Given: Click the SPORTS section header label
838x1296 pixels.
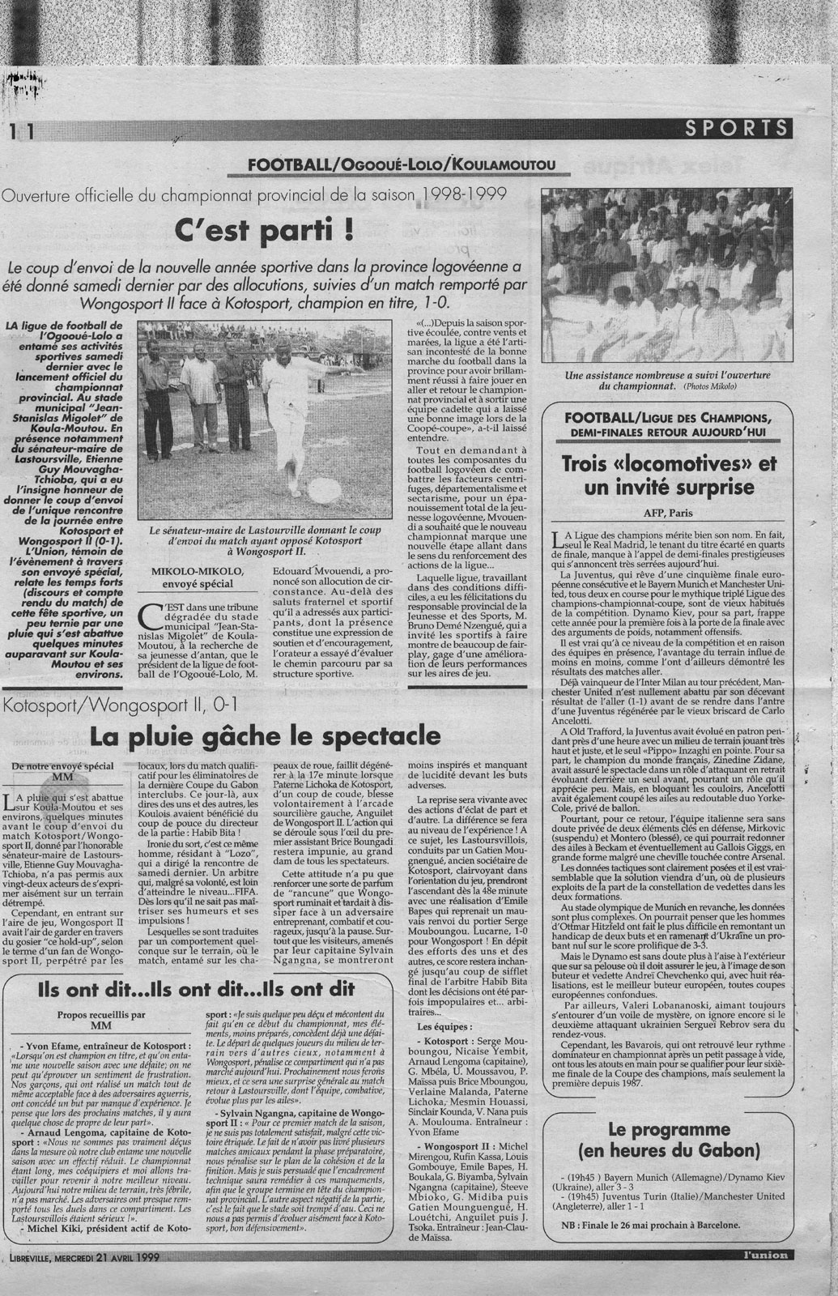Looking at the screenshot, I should click(x=735, y=127).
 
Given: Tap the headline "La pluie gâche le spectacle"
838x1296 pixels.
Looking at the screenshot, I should click(x=266, y=736).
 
